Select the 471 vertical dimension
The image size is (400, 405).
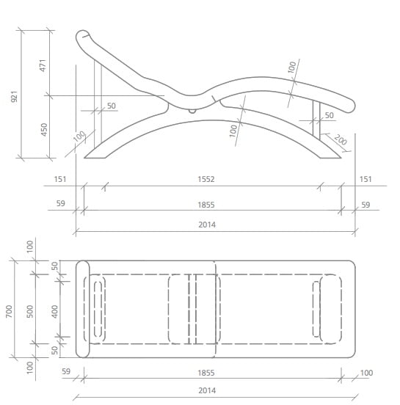coord(43,65)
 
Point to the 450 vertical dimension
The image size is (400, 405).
coord(43,129)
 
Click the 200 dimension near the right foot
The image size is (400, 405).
coord(341,139)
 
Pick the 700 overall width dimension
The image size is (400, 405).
coord(9,312)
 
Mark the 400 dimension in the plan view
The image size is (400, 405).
coord(55,312)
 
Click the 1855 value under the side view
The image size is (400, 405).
coord(207,205)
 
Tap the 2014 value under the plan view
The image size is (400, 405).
coord(207,391)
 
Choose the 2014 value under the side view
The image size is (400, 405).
coord(207,225)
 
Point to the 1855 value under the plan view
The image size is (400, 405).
coord(207,373)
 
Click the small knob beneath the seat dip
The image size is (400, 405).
coord(192,112)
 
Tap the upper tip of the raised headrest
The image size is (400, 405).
coord(83,34)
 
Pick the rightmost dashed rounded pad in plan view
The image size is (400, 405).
coord(331,309)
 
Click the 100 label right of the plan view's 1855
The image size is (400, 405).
coord(366,373)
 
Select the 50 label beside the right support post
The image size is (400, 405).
coord(329,115)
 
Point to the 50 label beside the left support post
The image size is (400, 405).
coord(112,106)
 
